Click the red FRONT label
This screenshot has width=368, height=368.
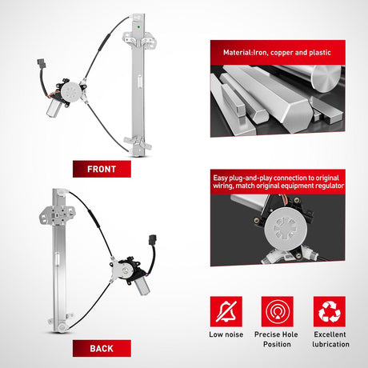102,169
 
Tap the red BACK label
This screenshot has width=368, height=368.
102,348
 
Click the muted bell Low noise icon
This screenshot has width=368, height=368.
226,311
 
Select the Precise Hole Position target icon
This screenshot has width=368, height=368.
278,311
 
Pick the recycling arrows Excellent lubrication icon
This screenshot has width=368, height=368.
330,311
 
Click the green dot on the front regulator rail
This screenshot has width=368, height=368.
138,26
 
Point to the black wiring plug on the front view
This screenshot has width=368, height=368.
42,63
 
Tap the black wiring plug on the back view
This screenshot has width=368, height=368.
153,239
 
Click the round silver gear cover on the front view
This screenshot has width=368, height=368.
70,91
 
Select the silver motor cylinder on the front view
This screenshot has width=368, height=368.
54,108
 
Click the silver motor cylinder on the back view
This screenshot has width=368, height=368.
142,286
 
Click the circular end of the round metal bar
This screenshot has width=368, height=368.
326,78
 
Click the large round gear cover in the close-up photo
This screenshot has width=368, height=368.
286,230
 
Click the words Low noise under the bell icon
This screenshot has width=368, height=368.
226,334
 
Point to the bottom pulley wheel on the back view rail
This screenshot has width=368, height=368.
62,327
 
